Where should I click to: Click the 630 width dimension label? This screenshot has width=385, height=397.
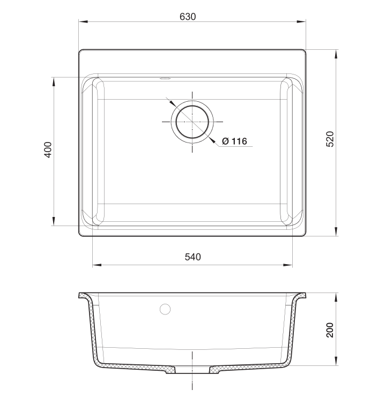[188, 17]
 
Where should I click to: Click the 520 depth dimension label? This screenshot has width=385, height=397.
[330, 139]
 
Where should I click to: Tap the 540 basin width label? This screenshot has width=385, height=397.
[192, 257]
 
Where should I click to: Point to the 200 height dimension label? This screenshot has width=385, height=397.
[330, 329]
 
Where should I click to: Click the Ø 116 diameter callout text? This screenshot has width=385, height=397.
[234, 141]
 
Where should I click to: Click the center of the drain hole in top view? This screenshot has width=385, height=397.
[191, 121]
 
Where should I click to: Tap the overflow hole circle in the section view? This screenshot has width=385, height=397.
[165, 309]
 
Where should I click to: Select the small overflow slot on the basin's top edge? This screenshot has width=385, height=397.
[165, 79]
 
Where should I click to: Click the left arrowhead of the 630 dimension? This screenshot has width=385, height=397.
[82, 22]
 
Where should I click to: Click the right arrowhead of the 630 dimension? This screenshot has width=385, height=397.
[303, 22]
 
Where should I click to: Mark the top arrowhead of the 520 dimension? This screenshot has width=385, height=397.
[336, 53]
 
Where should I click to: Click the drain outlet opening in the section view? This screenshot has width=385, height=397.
[192, 370]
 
